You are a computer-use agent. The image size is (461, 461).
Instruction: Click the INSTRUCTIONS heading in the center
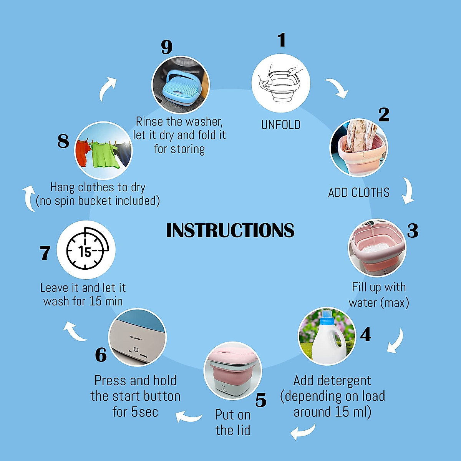tap(230, 230)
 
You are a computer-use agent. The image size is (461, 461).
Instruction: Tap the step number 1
tap(282, 40)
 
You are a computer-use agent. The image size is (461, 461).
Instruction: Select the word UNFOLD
tap(281, 125)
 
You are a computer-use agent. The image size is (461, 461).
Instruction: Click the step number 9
tap(167, 47)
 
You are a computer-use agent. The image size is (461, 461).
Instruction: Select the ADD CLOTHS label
tap(359, 192)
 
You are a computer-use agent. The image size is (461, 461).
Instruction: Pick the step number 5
tap(261, 401)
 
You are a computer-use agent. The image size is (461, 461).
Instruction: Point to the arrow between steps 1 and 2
tap(338, 89)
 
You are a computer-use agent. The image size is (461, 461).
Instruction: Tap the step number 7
tap(45, 253)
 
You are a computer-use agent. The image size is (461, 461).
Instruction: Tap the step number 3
tap(412, 230)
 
